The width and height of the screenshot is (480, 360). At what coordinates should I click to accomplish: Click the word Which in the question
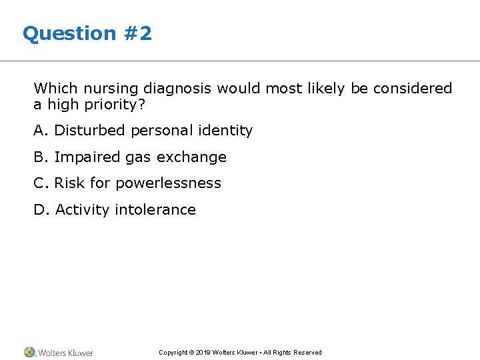pos(55,88)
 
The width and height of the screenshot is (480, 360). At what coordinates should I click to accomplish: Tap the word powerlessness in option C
pos(168,183)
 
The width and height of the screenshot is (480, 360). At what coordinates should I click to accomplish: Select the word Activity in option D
pos(82,210)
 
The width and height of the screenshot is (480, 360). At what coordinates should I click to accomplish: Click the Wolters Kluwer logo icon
pos(30,352)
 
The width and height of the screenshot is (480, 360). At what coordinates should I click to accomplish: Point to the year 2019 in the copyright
pos(203,353)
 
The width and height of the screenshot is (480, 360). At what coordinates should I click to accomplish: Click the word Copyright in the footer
pos(173,353)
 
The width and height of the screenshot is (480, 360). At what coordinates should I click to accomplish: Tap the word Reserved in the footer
pos(307,353)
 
